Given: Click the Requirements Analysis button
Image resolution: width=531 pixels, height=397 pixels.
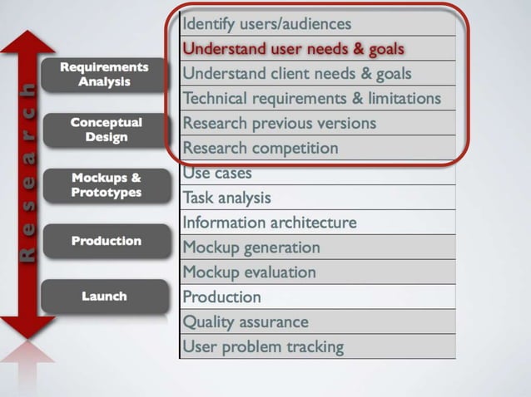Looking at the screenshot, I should pos(104,74).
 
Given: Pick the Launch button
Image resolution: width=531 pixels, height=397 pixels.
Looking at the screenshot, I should pos(104,296).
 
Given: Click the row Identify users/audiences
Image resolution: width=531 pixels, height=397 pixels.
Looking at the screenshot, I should pos(317,24).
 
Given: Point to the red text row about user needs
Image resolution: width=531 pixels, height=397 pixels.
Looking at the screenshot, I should pos(317,49).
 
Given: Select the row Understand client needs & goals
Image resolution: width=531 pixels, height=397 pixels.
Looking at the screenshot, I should pos(317,74).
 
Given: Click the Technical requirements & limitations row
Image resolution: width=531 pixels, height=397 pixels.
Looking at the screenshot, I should pos(317,98).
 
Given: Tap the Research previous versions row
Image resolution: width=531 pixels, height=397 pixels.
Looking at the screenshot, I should pos(317,123).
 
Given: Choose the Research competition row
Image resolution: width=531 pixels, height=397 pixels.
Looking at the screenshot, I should pos(317,148).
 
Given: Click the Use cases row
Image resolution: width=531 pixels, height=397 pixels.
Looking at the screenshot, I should pos(317,173).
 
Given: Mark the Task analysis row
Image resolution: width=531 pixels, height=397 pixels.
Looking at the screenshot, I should pos(317,198).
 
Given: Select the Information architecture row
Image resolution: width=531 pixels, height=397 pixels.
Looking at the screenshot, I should pos(317,223).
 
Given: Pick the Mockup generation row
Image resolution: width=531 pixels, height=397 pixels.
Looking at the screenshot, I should pos(317,247).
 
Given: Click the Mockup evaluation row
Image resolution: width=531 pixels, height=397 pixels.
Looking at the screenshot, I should pos(317,272).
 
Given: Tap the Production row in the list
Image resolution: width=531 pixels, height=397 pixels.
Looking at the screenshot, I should pos(317,297).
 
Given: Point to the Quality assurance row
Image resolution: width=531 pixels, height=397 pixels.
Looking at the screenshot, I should pos(317,321).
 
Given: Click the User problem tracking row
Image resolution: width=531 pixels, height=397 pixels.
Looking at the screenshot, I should pos(317,346).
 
